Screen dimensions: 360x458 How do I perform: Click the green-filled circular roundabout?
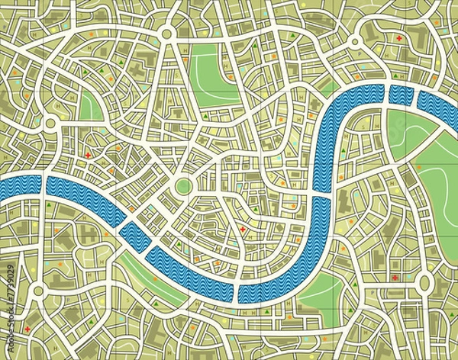click(183, 186)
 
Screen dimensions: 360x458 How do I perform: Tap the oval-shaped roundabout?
click(425, 284)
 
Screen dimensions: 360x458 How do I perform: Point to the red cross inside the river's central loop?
click(243, 230)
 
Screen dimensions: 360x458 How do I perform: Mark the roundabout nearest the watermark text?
click(38, 291)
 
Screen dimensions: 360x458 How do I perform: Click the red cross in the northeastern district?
click(398, 37)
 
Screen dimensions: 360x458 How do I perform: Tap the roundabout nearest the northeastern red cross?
click(355, 41)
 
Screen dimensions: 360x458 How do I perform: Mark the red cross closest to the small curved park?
click(88, 156)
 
